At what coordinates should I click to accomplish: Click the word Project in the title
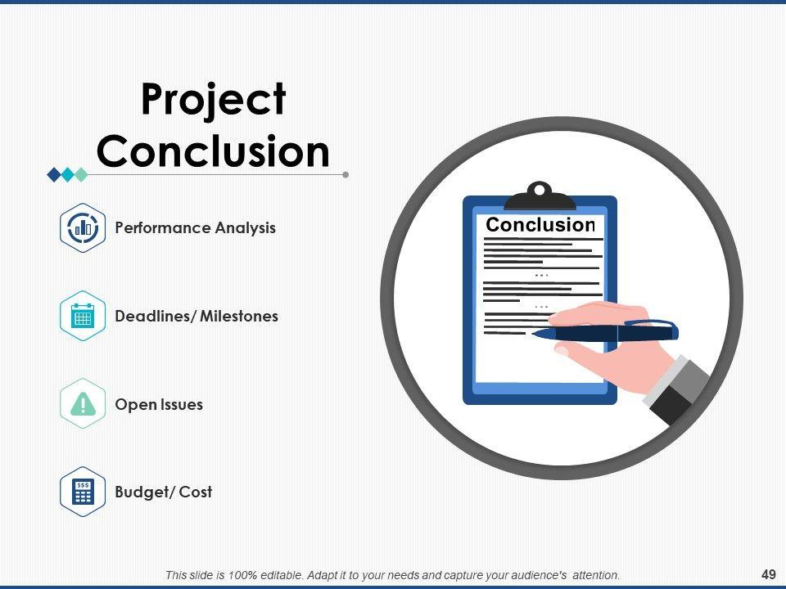pos(214,101)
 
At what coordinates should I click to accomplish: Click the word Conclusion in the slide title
pos(214,151)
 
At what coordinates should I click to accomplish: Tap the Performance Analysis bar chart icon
pos(83,228)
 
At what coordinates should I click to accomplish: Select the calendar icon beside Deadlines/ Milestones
pos(83,316)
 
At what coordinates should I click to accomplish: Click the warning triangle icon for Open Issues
pos(83,403)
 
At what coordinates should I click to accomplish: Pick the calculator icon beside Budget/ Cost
pos(83,492)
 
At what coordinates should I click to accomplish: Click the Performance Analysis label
pos(195,228)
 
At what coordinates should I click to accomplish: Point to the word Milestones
pos(239,316)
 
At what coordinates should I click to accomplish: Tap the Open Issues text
pos(159,404)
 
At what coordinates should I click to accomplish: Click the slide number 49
pos(769,574)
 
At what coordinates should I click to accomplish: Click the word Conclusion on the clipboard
pos(540,225)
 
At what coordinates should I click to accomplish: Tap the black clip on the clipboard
pos(540,196)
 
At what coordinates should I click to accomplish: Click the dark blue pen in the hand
pos(605,331)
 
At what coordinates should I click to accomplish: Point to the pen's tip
pos(532,334)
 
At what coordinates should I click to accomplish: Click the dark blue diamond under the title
pos(54,175)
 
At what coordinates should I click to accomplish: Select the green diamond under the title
pos(81,175)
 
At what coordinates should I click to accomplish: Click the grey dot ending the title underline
pos(346,175)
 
